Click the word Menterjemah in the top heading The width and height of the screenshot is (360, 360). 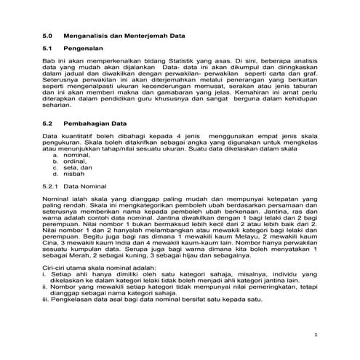tap(145, 34)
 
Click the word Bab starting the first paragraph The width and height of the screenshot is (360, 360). tap(49, 63)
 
